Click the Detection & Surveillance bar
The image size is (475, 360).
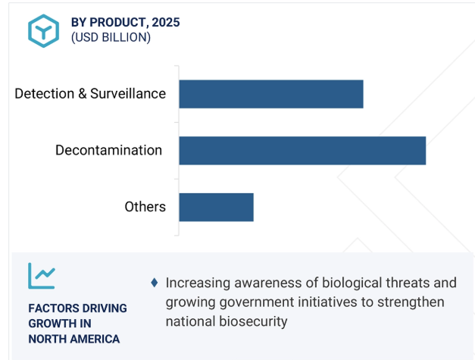pos(271,94)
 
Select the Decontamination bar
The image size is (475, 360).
pos(302,151)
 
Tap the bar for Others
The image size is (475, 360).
pos(217,207)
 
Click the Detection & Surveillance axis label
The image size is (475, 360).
pos(90,94)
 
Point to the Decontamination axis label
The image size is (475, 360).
pos(109,150)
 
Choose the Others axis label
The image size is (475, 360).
pos(145,207)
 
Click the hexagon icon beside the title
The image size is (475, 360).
pos(44,31)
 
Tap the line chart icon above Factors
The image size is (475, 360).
pos(42,276)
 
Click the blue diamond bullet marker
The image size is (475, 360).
pos(155,283)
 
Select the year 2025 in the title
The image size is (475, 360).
pos(166,23)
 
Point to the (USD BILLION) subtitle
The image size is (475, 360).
pos(111,38)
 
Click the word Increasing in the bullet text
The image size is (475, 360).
pos(198,283)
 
